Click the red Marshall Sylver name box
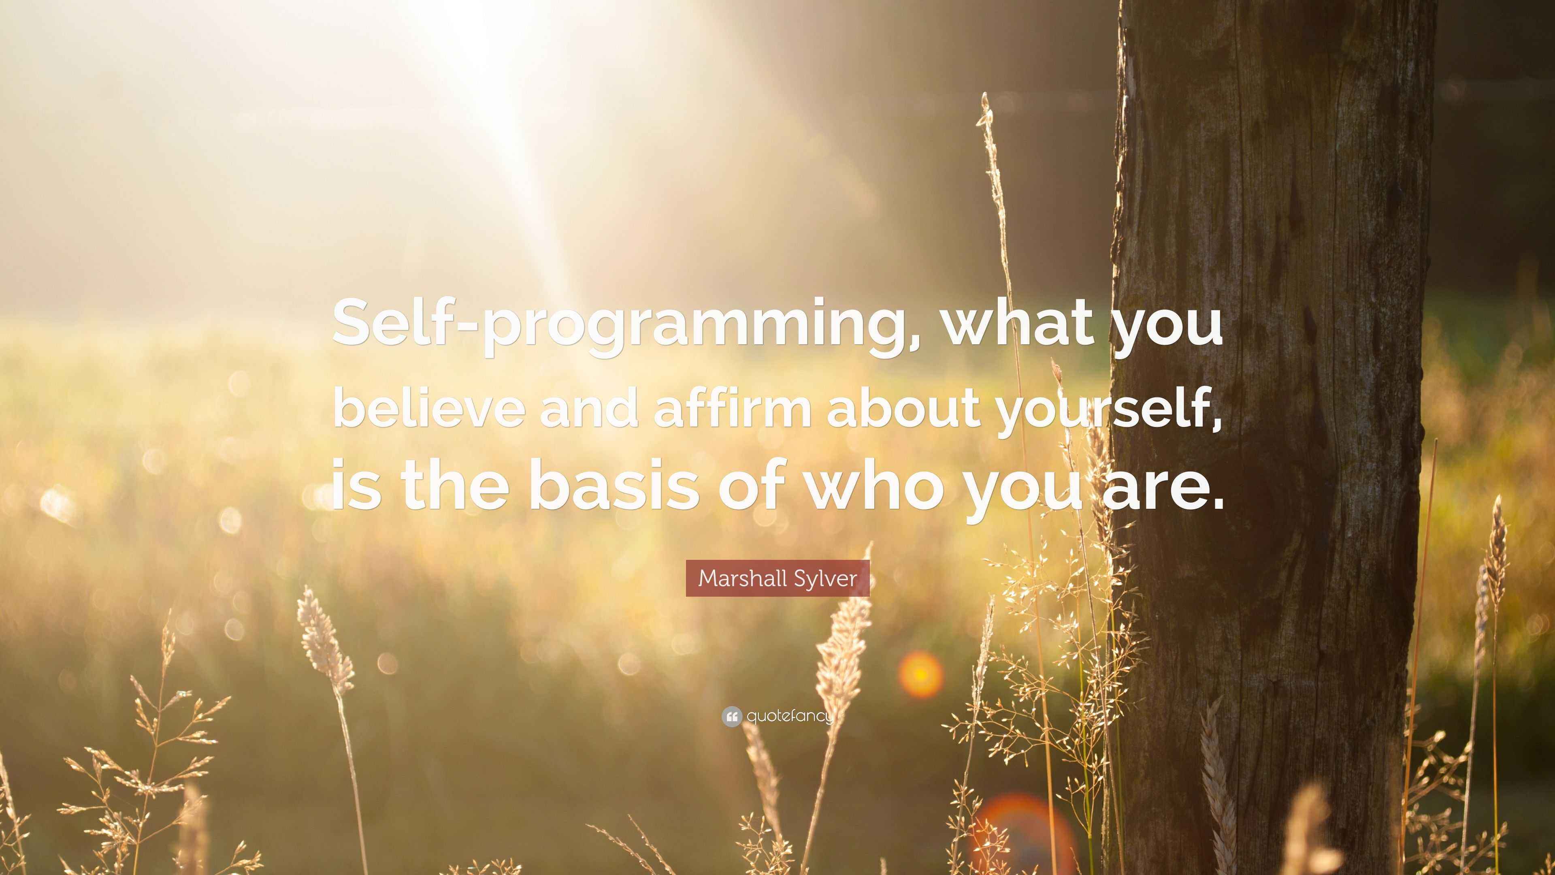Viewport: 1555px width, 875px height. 777,578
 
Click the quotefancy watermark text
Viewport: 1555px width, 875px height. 790,717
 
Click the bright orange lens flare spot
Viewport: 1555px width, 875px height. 920,674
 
